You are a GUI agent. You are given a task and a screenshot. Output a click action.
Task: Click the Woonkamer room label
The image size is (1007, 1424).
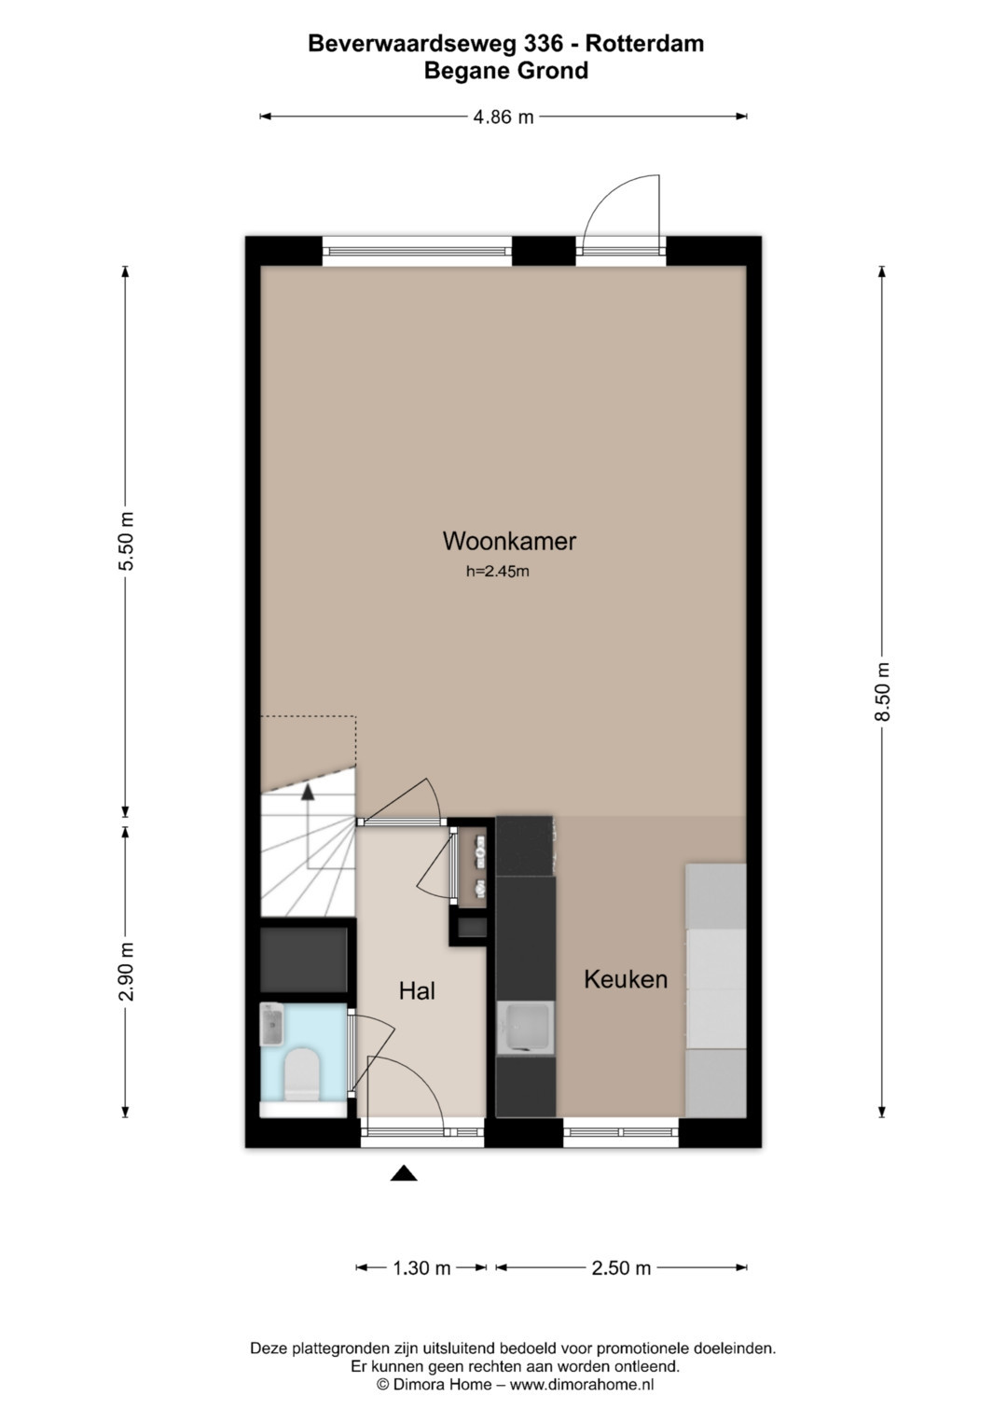click(509, 541)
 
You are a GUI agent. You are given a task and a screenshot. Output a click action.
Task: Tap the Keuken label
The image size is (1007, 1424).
click(626, 979)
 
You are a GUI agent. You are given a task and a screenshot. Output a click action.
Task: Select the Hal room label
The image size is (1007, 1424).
click(417, 990)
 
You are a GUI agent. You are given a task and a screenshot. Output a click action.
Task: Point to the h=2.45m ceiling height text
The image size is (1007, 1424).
click(498, 572)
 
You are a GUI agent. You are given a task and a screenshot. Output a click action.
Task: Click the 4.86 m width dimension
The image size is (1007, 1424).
click(503, 117)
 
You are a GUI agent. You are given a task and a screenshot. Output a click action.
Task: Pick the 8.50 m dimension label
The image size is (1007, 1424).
click(882, 692)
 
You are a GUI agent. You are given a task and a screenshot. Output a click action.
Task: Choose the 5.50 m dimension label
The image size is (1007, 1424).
click(126, 541)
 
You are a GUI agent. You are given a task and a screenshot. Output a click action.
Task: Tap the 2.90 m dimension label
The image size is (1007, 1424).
click(126, 972)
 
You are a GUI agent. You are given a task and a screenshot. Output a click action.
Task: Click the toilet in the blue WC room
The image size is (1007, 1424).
click(301, 1074)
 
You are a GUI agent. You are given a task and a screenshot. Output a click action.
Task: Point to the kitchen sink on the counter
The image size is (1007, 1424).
click(524, 1028)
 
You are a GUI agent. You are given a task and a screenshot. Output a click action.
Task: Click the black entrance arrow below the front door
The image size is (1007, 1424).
click(404, 1173)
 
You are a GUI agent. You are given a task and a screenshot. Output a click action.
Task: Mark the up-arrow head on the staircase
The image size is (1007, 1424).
click(308, 792)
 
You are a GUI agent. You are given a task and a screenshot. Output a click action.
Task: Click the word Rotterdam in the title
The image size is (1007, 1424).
click(644, 43)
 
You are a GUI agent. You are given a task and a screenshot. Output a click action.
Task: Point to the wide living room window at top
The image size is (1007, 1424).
click(417, 252)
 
